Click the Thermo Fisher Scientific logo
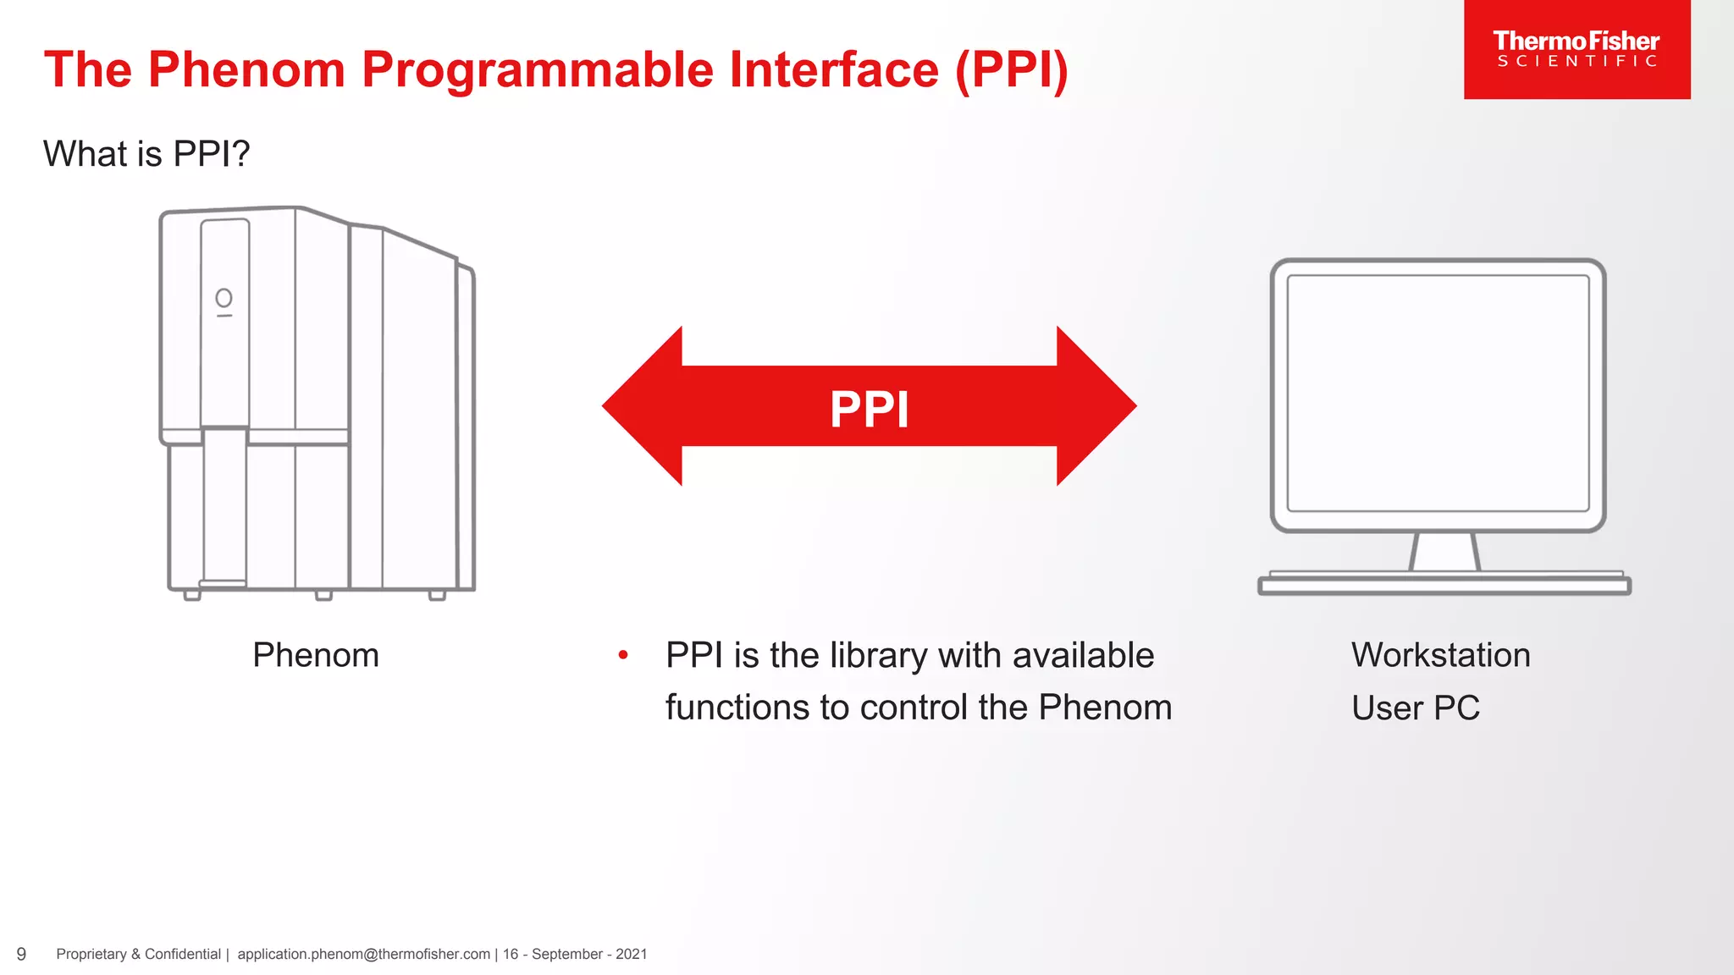[x=1576, y=49]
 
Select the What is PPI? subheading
[x=146, y=154]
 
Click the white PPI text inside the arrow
[x=869, y=410]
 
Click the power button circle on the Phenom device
[x=224, y=298]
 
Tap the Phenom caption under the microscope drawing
[x=316, y=655]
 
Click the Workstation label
[x=1440, y=655]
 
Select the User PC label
[x=1415, y=708]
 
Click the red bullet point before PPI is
[x=623, y=654]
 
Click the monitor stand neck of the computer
[x=1444, y=552]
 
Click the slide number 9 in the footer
[x=21, y=954]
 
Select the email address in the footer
[x=363, y=954]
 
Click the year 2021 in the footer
[x=631, y=954]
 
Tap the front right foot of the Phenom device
[x=437, y=596]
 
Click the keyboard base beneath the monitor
[x=1444, y=585]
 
